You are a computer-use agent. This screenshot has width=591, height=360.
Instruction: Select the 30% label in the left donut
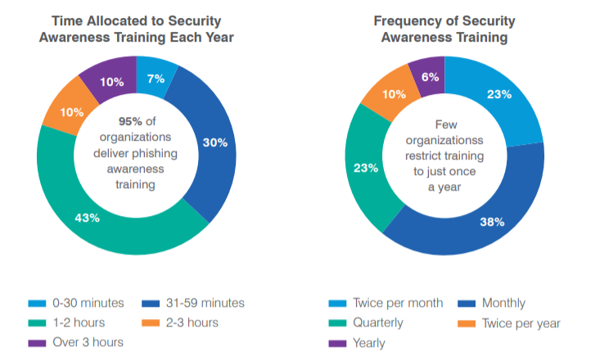pyautogui.click(x=214, y=142)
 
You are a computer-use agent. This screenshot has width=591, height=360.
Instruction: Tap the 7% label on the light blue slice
pyautogui.click(x=156, y=79)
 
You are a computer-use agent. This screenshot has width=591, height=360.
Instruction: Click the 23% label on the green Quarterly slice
pyautogui.click(x=365, y=168)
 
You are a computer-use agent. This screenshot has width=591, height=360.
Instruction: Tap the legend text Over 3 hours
pyautogui.click(x=88, y=342)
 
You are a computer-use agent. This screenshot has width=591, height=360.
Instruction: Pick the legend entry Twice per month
pyautogui.click(x=397, y=303)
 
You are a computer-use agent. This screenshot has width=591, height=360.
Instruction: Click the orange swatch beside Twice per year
pyautogui.click(x=467, y=323)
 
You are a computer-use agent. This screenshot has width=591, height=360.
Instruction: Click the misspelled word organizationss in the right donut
pyautogui.click(x=444, y=140)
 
